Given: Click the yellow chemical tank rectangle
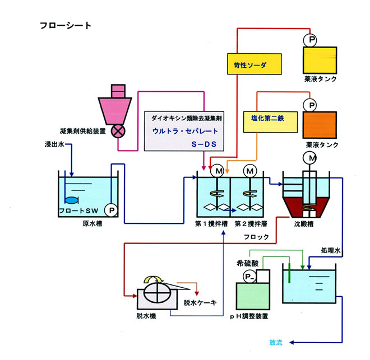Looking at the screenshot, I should tap(320, 59).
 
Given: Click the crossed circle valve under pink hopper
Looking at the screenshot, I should tap(119, 132).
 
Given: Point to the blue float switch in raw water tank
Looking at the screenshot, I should tap(72, 199).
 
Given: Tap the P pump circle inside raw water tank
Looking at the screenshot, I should tap(112, 210).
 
